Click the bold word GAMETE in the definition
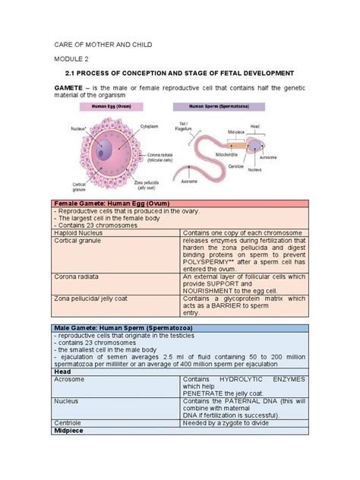71,88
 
